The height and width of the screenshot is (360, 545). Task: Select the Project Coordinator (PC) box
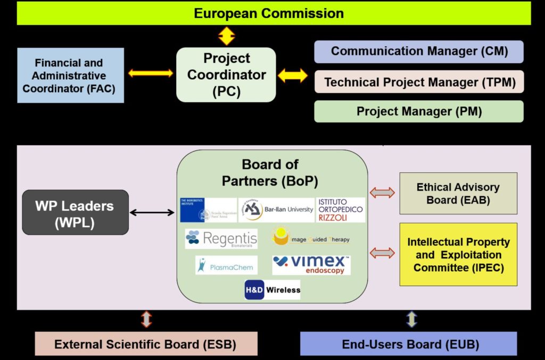coord(226,75)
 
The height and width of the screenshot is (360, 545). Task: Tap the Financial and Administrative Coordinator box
coord(71,76)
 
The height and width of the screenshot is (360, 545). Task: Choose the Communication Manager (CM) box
coord(419,52)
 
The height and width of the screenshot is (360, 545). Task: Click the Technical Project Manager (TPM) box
coord(419,82)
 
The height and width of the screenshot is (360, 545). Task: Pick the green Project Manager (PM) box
coord(419,111)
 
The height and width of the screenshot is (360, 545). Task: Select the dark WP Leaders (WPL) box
coord(75,212)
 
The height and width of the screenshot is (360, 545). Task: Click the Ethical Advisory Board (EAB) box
coord(458,194)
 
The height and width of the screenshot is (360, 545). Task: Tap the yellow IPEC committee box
coord(458,254)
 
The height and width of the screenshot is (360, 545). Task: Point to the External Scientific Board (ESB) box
coord(146,344)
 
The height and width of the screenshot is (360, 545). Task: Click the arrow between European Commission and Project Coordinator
coord(227,36)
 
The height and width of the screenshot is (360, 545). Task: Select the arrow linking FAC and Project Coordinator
coord(151,73)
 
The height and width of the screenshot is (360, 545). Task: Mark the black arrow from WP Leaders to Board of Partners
coord(152,213)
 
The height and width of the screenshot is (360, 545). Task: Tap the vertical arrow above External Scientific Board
coord(146,319)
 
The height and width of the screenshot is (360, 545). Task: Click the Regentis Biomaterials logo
coord(221,239)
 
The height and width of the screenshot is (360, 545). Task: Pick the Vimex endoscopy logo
coord(311,265)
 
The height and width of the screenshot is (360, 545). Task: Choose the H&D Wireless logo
coord(272,290)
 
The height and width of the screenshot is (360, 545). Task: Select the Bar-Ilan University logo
coord(276,210)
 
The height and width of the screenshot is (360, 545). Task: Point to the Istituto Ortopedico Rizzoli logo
coord(341,210)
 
